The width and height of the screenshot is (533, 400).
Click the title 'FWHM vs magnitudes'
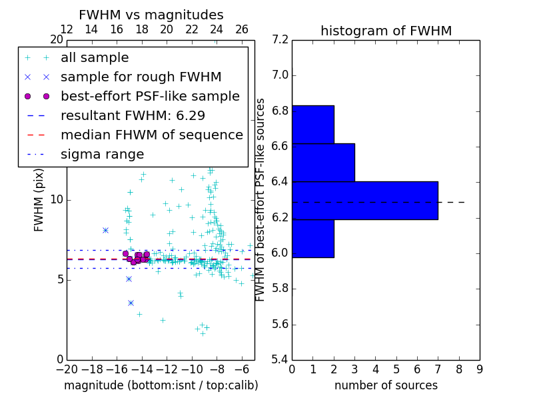coord(151,15)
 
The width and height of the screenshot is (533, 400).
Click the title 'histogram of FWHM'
coord(386,31)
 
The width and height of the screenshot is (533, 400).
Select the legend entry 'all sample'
coord(95,58)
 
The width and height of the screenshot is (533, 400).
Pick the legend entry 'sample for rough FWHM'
coord(141,77)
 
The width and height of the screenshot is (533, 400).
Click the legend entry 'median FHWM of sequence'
coord(151,135)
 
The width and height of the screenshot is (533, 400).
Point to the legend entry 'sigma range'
coord(102,154)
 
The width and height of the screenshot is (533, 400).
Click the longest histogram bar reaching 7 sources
coord(364,200)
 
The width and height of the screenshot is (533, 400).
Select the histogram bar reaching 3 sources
coord(323,162)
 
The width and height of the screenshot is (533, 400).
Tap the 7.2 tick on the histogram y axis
coord(281,39)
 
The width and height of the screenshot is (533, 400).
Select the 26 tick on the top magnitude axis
coord(242,29)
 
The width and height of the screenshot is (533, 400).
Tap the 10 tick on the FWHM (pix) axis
coord(57,199)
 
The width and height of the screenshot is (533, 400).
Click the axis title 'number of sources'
coord(386,385)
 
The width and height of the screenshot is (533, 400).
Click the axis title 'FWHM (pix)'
coord(39,199)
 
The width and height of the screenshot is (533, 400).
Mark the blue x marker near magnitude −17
coord(105,230)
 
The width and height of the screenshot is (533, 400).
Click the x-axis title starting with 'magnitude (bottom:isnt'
coord(161,385)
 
